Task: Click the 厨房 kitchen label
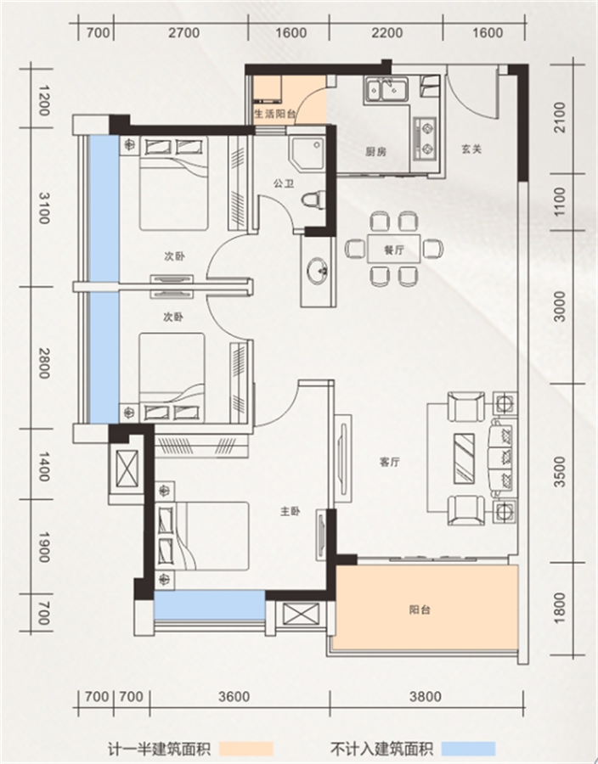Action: [x=375, y=152]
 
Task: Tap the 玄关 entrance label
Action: [x=471, y=149]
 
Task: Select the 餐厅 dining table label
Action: [x=394, y=250]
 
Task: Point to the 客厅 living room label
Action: [x=390, y=462]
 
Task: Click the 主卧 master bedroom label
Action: [x=290, y=511]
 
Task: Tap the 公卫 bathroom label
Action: [x=284, y=183]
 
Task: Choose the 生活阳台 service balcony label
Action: [x=275, y=115]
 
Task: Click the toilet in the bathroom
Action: [x=313, y=199]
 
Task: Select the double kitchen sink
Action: [x=386, y=90]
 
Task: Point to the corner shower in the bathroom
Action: [x=307, y=153]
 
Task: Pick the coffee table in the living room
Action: [x=464, y=458]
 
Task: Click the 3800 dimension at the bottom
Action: [x=425, y=696]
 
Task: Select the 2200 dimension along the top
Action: [x=387, y=32]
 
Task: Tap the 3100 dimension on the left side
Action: [x=44, y=208]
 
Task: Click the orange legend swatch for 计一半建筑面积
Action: [x=246, y=749]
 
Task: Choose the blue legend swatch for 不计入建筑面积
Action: [x=468, y=749]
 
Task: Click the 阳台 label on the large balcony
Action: [x=420, y=610]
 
